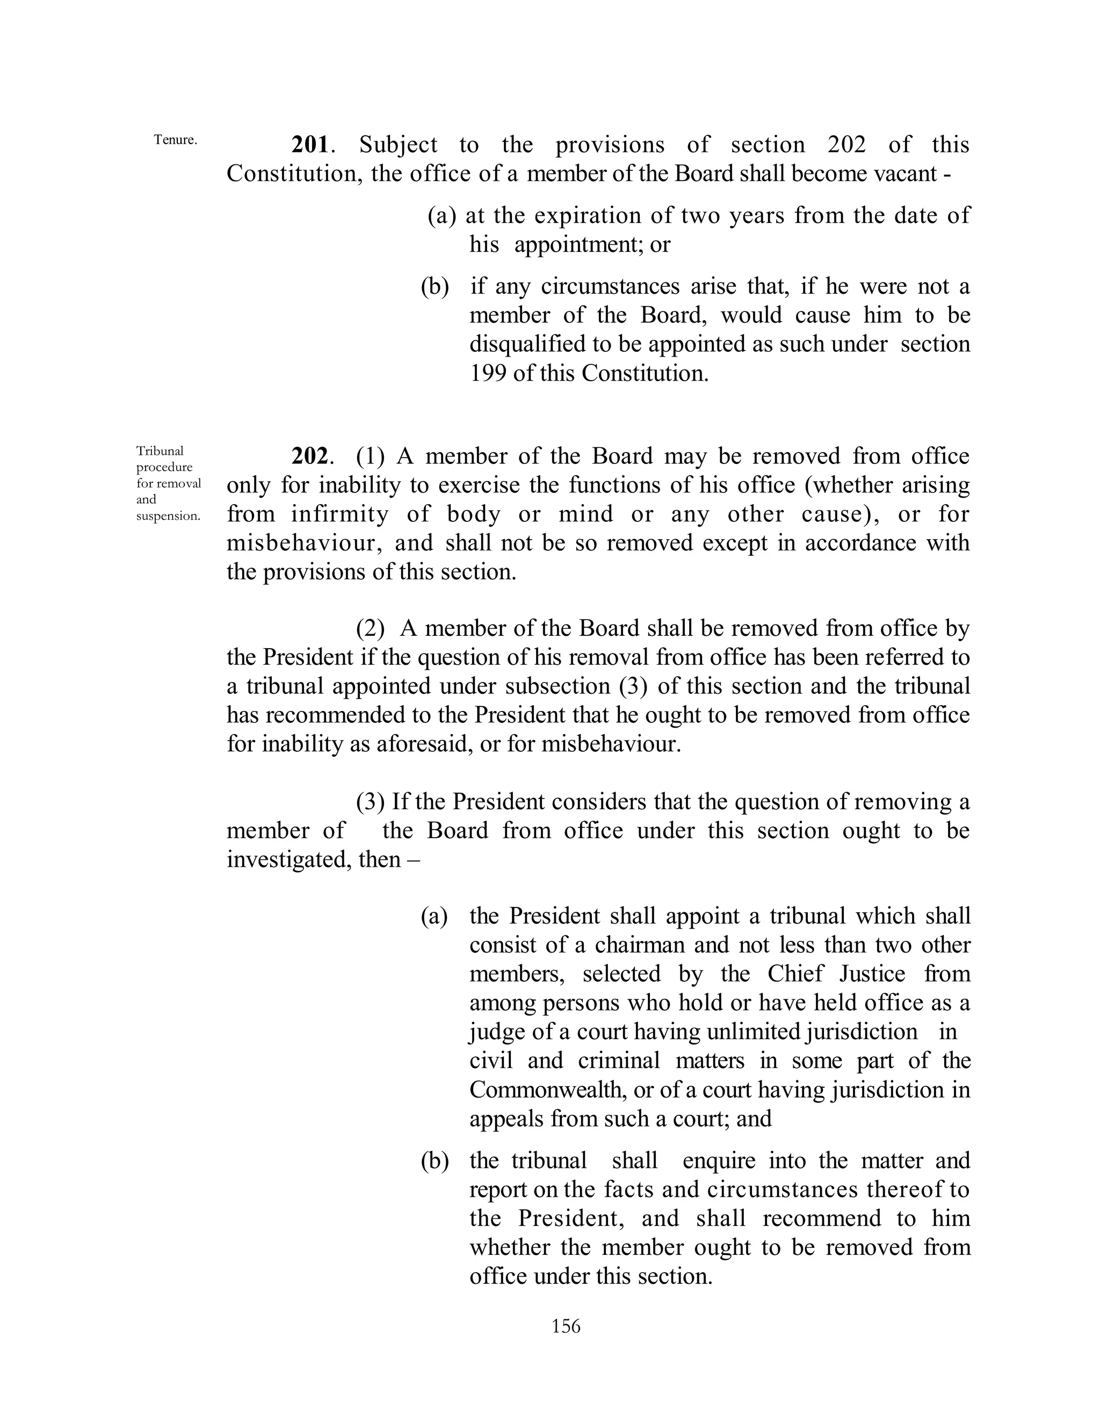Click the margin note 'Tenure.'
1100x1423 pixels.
pos(175,140)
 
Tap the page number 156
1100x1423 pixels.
pos(566,1326)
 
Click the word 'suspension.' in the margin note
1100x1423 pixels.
pos(168,516)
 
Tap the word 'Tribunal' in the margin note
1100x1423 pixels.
pos(160,451)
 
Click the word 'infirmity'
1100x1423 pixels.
pos(339,515)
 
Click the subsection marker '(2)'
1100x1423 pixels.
pos(370,628)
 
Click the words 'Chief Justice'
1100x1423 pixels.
pos(836,974)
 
